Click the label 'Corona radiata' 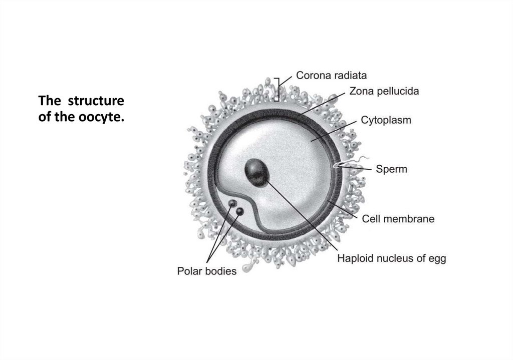pos(332,76)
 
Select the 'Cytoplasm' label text pos(386,121)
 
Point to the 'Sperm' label pos(391,169)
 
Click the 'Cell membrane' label pos(398,219)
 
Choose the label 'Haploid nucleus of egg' pos(391,259)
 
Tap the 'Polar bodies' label pos(207,272)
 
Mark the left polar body pos(232,204)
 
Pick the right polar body pos(240,211)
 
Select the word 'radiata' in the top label pos(351,76)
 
